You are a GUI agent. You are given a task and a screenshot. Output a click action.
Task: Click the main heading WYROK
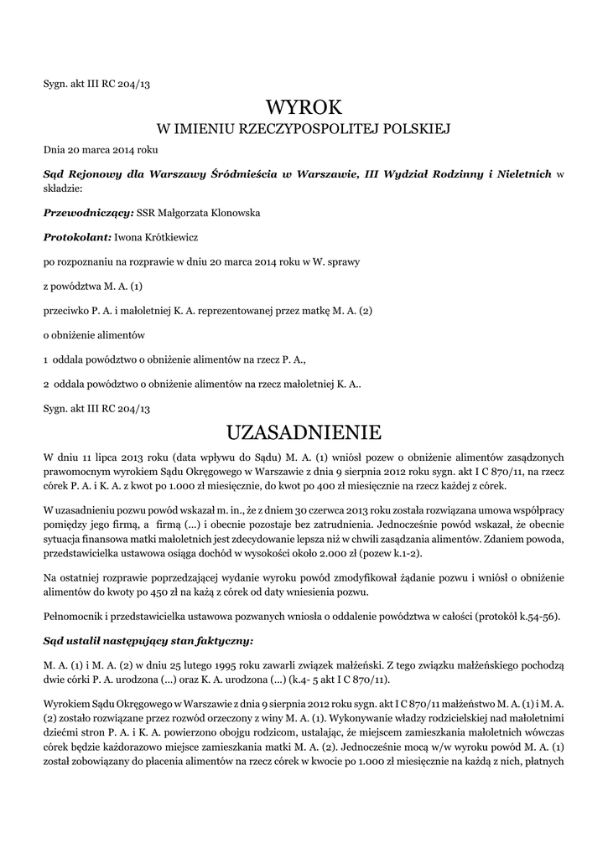click(x=304, y=107)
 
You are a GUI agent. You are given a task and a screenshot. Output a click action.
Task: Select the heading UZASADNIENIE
click(x=304, y=432)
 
